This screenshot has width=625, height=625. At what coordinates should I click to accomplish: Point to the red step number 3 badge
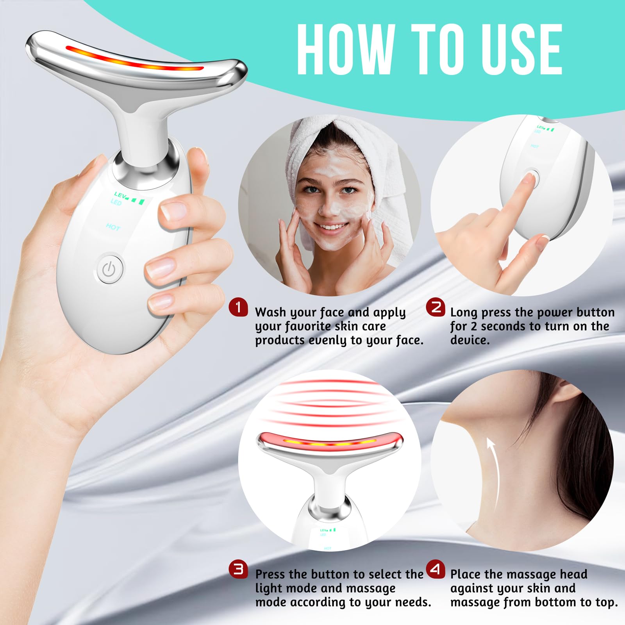[238, 569]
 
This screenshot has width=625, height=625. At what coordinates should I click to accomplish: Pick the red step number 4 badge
[436, 569]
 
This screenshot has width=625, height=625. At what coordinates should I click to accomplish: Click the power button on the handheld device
[110, 268]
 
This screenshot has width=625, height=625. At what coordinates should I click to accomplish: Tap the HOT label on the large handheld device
[113, 227]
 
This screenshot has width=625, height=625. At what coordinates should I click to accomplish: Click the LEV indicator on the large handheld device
[120, 195]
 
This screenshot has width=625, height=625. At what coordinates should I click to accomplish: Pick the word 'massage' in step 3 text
[371, 588]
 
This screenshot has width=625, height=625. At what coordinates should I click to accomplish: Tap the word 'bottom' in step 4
[558, 602]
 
